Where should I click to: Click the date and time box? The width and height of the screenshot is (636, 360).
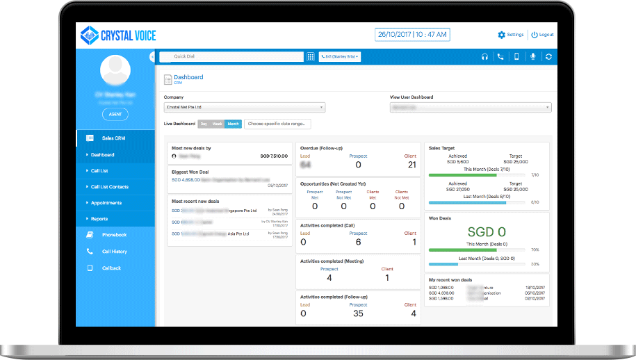pyautogui.click(x=413, y=34)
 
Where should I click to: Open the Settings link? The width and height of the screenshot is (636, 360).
pyautogui.click(x=511, y=35)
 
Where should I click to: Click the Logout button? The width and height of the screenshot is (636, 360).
pyautogui.click(x=542, y=35)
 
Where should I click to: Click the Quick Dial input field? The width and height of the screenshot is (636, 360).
pyautogui.click(x=231, y=56)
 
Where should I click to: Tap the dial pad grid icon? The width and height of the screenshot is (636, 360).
pyautogui.click(x=311, y=56)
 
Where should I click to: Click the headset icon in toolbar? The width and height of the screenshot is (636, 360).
pyautogui.click(x=484, y=56)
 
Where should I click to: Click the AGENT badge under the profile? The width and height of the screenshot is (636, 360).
pyautogui.click(x=115, y=115)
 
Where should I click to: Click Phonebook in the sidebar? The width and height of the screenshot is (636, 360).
pyautogui.click(x=114, y=235)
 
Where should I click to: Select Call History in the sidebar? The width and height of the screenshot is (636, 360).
pyautogui.click(x=114, y=252)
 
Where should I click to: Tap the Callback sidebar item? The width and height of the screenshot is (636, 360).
pyautogui.click(x=111, y=268)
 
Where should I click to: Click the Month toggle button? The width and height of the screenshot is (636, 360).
pyautogui.click(x=234, y=124)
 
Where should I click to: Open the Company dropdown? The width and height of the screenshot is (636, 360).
pyautogui.click(x=245, y=108)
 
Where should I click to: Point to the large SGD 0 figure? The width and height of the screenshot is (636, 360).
pyautogui.click(x=487, y=232)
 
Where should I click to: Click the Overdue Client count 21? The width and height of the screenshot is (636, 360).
pyautogui.click(x=411, y=165)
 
